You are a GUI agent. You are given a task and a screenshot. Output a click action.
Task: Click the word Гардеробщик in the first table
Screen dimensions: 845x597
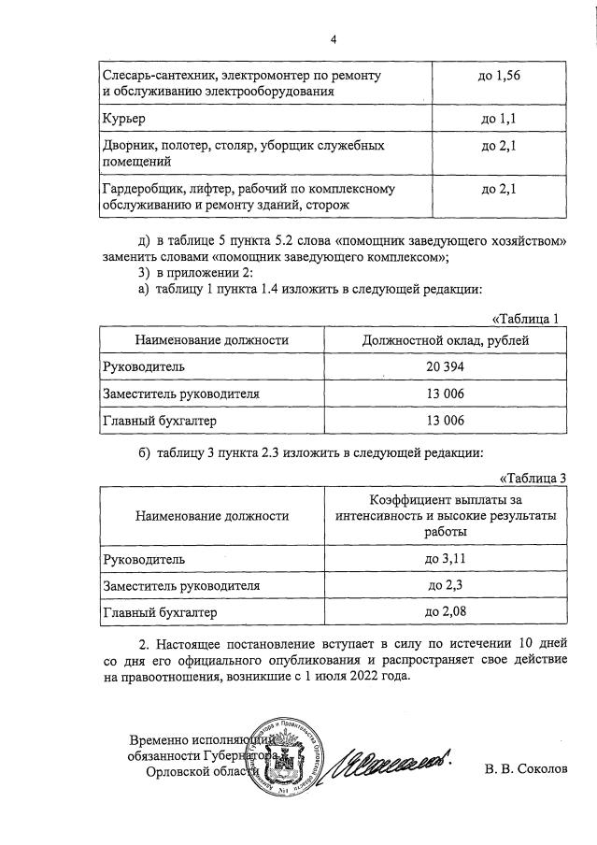click(137, 189)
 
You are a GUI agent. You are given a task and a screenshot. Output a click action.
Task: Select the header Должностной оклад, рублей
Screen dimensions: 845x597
click(445, 339)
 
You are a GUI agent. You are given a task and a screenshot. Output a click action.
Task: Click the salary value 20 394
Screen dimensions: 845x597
click(445, 366)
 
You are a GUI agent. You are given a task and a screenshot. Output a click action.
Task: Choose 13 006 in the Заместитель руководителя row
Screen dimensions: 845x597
click(445, 394)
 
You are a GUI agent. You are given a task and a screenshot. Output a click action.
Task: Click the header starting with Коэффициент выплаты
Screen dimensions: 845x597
click(445, 514)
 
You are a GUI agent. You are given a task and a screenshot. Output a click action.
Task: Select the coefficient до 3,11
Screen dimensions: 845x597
click(445, 559)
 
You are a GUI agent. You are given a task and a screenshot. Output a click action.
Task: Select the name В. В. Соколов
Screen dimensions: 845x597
click(524, 769)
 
